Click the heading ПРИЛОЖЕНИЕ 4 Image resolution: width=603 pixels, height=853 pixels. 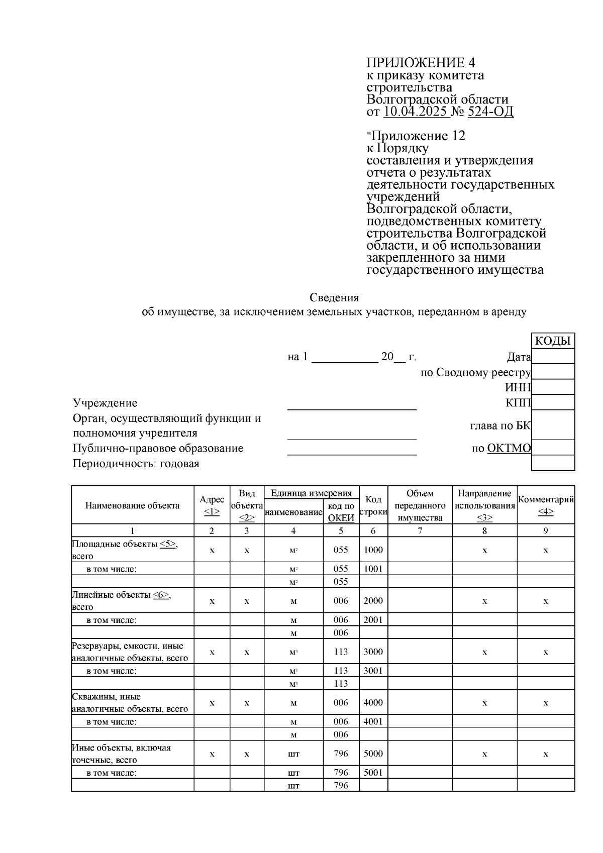tap(421, 63)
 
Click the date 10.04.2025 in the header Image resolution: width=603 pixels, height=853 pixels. tap(415, 112)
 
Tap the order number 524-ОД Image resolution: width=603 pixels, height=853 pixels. tap(490, 112)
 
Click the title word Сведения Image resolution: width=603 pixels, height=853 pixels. tap(334, 298)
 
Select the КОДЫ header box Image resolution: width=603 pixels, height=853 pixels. tap(553, 341)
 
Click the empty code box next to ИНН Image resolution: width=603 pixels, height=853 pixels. tap(553, 387)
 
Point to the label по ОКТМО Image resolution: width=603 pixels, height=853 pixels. tap(501, 448)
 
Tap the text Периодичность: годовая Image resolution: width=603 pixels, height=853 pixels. tap(136, 463)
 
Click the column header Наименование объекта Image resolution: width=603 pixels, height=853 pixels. tap(132, 505)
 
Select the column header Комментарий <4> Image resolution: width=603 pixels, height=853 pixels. tap(546, 505)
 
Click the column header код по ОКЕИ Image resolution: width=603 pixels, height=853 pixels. tap(341, 512)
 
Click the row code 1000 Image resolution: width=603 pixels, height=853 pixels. tap(373, 550)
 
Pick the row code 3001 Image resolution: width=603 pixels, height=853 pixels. tap(373, 671)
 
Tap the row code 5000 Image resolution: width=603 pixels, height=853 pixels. tap(373, 754)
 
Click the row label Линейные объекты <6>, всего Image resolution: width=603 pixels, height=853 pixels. tap(121, 600)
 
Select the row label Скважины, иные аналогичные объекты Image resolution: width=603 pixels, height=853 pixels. tap(130, 703)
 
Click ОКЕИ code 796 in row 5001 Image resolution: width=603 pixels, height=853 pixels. tap(341, 773)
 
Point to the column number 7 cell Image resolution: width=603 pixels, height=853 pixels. tap(420, 530)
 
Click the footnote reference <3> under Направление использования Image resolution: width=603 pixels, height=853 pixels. tap(484, 518)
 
